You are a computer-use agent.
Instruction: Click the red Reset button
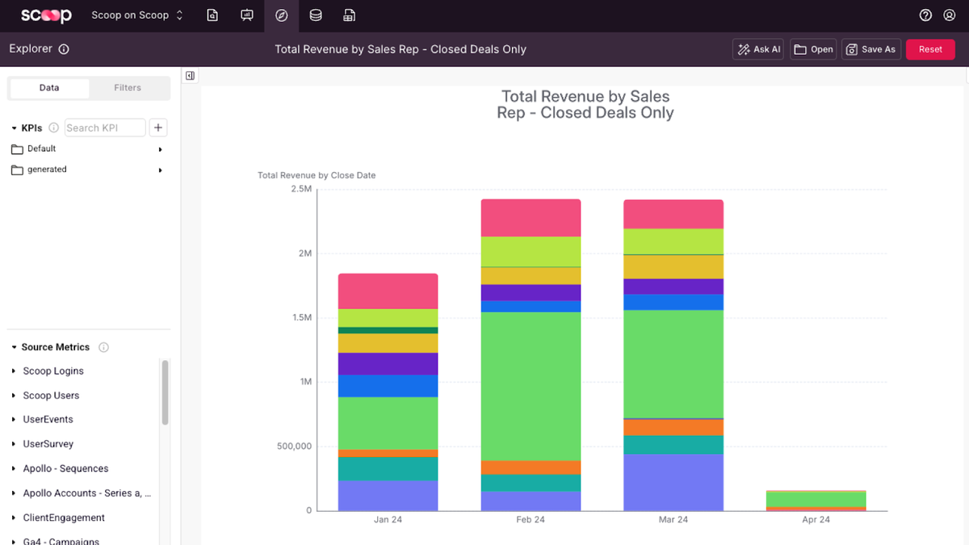coord(930,49)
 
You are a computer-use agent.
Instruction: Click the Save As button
coord(871,49)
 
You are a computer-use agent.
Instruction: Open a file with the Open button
coord(813,49)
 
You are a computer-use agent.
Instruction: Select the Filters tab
coord(128,88)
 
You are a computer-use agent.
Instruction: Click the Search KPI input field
coord(104,128)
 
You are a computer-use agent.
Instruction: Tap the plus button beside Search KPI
coord(158,128)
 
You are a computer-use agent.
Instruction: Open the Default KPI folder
coord(42,149)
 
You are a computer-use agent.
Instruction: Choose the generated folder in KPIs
coord(47,170)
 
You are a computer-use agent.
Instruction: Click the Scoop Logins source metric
coord(53,371)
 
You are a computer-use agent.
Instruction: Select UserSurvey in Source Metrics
coord(48,444)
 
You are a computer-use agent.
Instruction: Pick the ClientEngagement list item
coord(64,518)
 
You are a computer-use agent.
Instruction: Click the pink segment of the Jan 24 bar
coord(388,291)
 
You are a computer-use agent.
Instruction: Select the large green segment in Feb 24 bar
coord(531,386)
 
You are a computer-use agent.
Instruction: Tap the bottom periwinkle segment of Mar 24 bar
coord(673,482)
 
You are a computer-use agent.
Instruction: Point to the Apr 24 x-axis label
coord(816,520)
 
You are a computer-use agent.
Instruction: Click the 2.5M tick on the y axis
coord(300,189)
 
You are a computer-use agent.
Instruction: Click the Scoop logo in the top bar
coord(46,15)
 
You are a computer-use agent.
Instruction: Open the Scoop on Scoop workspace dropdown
coord(137,15)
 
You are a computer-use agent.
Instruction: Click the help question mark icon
coord(925,15)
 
